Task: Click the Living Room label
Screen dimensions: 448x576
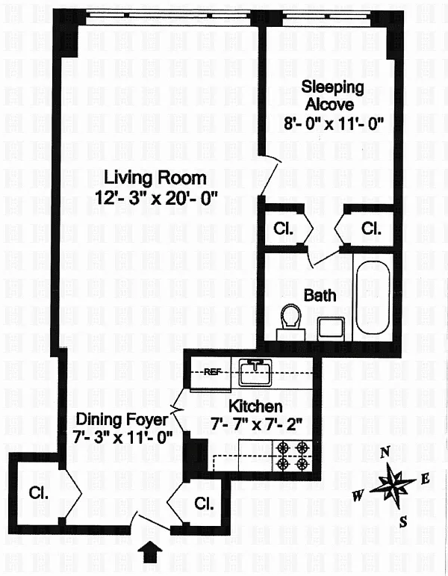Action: pyautogui.click(x=155, y=178)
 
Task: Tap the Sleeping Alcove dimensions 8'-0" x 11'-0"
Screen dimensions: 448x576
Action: pyautogui.click(x=334, y=123)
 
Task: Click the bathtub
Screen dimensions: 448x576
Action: pyautogui.click(x=373, y=297)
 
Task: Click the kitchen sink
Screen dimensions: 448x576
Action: pyautogui.click(x=255, y=373)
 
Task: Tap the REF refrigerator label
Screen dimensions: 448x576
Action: pyautogui.click(x=213, y=372)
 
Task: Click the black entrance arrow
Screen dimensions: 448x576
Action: pyautogui.click(x=150, y=553)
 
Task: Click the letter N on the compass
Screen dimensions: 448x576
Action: pyautogui.click(x=385, y=453)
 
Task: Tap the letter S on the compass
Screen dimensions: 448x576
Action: pyautogui.click(x=403, y=521)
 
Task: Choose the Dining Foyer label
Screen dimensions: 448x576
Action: pyautogui.click(x=122, y=420)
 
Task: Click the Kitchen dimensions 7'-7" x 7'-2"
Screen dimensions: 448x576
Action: pyautogui.click(x=257, y=425)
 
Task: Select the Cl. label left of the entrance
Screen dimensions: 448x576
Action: pyautogui.click(x=39, y=493)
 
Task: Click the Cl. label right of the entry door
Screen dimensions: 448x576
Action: pyautogui.click(x=204, y=504)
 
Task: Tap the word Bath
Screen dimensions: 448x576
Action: pyautogui.click(x=320, y=296)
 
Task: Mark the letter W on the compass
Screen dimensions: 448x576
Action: pyautogui.click(x=358, y=496)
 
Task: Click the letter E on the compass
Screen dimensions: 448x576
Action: pyautogui.click(x=425, y=479)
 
